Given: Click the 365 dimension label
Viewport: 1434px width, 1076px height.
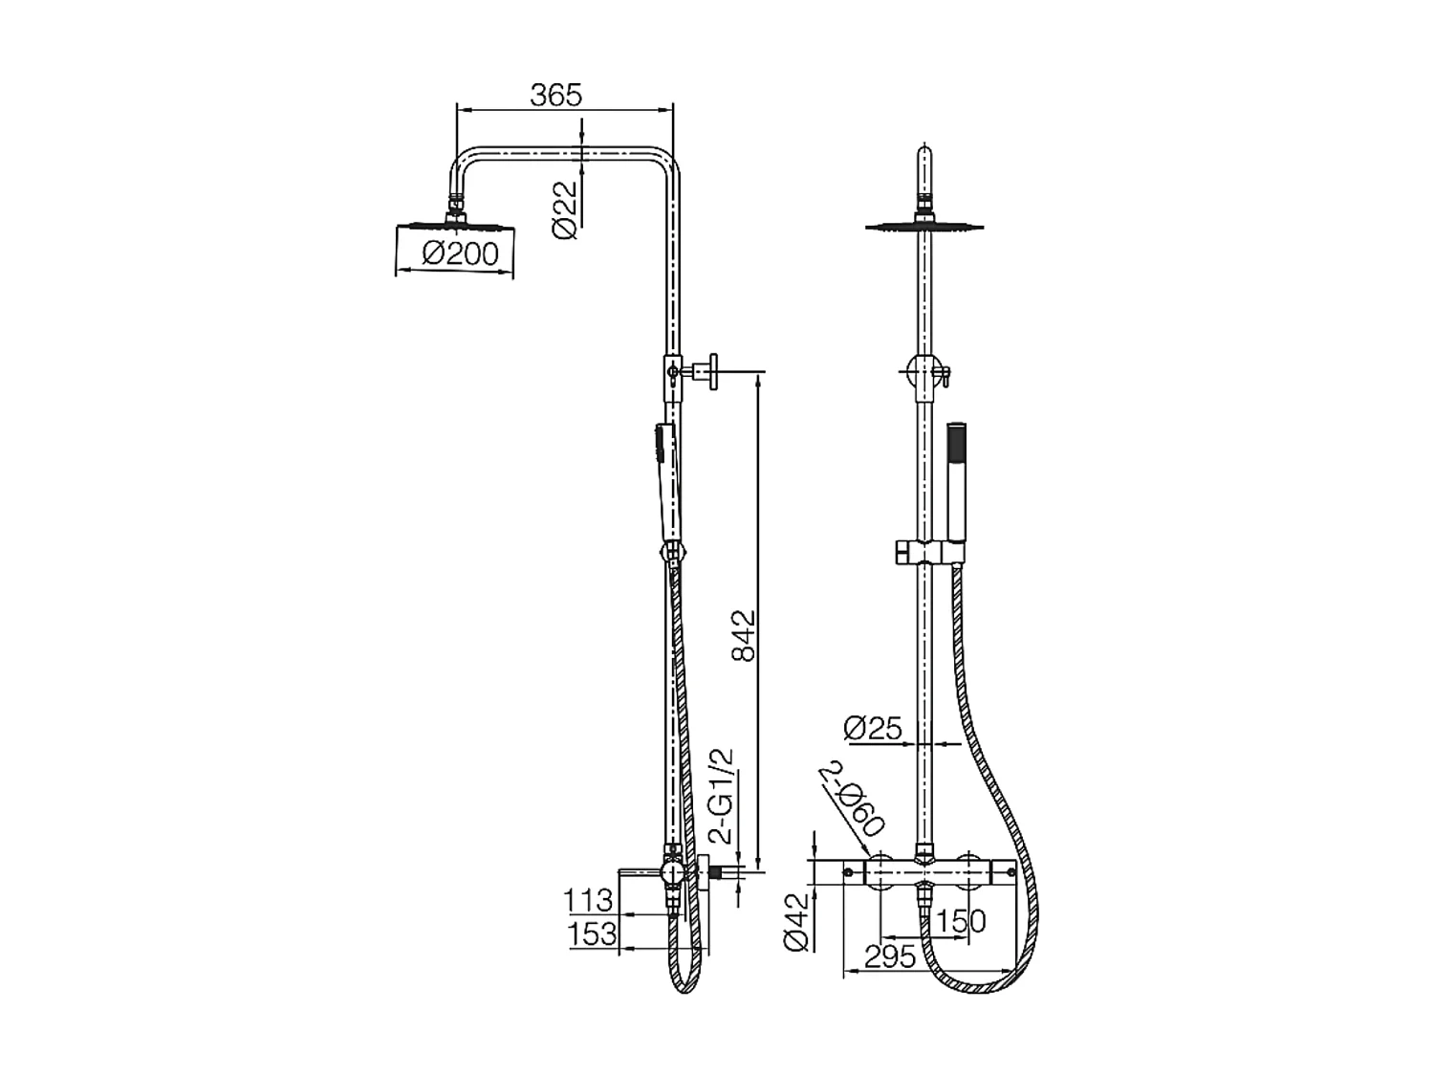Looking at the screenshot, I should pyautogui.click(x=555, y=95).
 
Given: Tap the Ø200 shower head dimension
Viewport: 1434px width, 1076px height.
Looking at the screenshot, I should pyautogui.click(x=460, y=253).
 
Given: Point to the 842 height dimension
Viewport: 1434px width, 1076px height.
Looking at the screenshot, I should pyautogui.click(x=743, y=635).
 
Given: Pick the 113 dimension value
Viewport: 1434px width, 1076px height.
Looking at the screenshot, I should pyautogui.click(x=587, y=900).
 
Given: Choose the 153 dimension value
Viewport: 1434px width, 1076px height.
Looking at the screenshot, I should pyautogui.click(x=592, y=934).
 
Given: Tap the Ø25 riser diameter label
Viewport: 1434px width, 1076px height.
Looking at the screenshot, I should pyautogui.click(x=873, y=729).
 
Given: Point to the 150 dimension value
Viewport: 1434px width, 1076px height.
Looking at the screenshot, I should pyautogui.click(x=960, y=921).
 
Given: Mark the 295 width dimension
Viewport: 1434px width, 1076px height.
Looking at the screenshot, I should pyautogui.click(x=889, y=955).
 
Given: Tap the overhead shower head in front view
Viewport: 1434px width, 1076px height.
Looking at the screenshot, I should pyautogui.click(x=923, y=227).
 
